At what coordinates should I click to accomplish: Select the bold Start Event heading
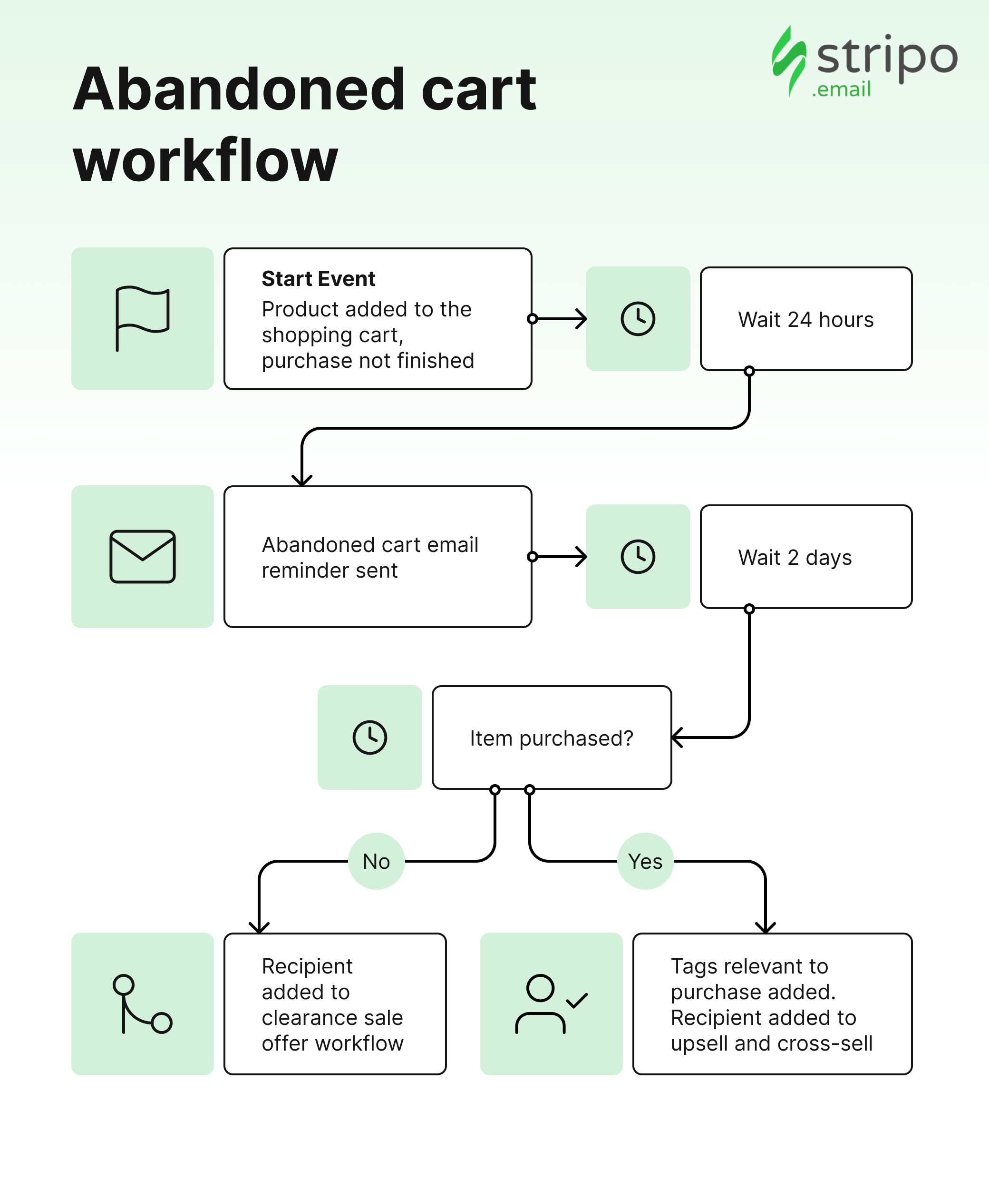(x=319, y=279)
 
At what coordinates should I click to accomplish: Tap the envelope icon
(x=143, y=556)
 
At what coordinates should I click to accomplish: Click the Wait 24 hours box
(x=806, y=319)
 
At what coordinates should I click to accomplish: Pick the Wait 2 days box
(x=806, y=556)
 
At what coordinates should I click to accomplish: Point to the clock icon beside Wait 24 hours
(x=638, y=319)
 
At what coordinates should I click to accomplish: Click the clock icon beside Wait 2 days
(x=638, y=556)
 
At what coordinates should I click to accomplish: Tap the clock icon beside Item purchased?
(x=369, y=737)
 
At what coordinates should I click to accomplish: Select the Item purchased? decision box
(x=552, y=737)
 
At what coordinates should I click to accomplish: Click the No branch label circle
(x=376, y=861)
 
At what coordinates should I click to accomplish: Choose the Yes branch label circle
(x=645, y=861)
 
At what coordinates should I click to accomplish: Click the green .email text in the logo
(x=841, y=89)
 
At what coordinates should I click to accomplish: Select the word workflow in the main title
(x=205, y=161)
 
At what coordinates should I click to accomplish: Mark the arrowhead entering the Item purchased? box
(x=677, y=737)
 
